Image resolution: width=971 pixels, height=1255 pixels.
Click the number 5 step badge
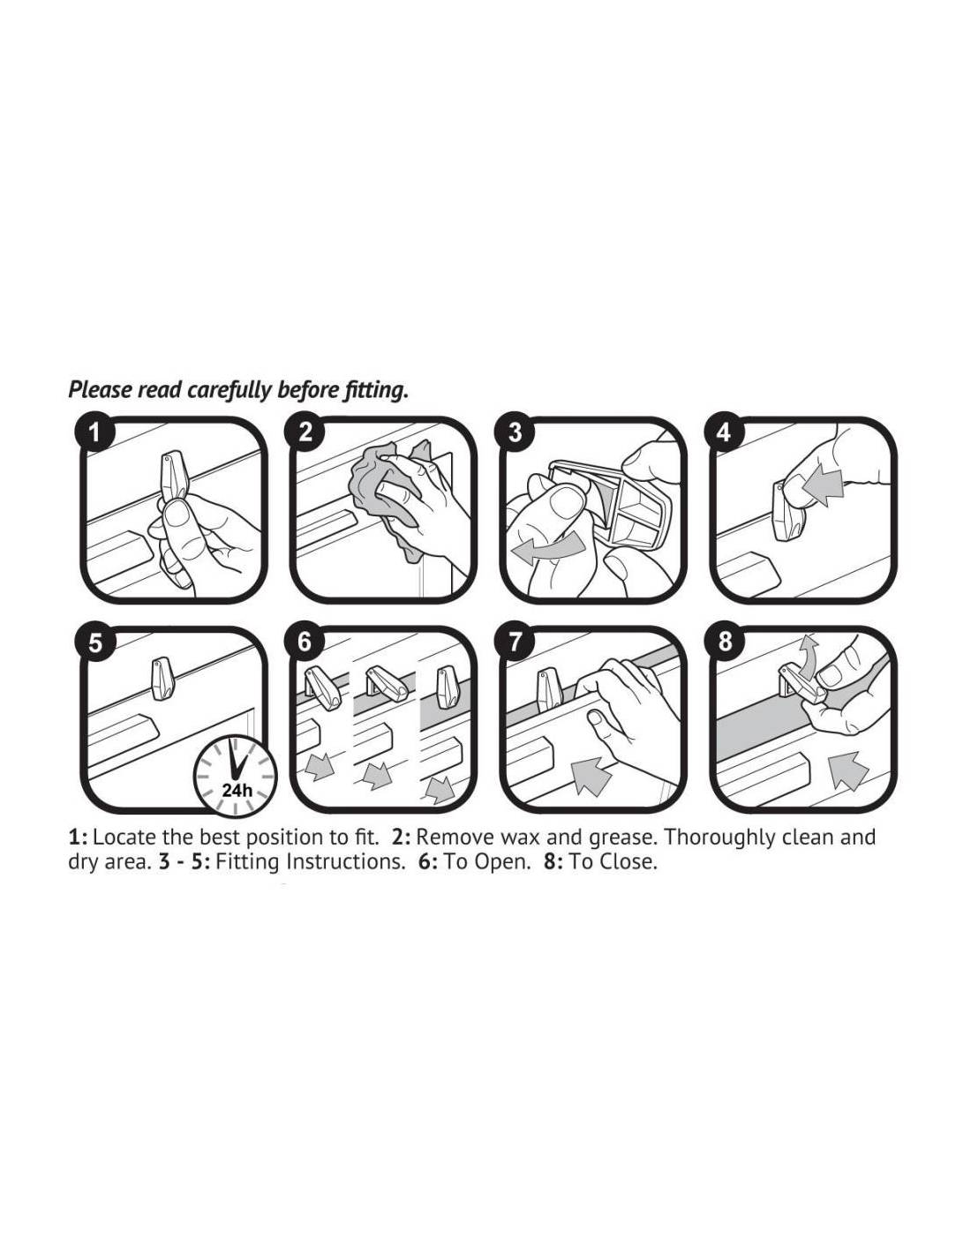pos(95,643)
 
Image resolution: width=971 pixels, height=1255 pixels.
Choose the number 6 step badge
pos(305,643)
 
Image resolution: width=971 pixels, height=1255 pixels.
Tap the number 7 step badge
pos(515,643)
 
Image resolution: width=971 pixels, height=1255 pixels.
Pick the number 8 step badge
pos(725,643)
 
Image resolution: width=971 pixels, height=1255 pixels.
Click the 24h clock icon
pos(235,777)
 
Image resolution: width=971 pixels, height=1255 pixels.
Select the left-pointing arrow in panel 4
pos(825,485)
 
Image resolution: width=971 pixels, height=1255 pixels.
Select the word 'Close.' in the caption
pos(629,861)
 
